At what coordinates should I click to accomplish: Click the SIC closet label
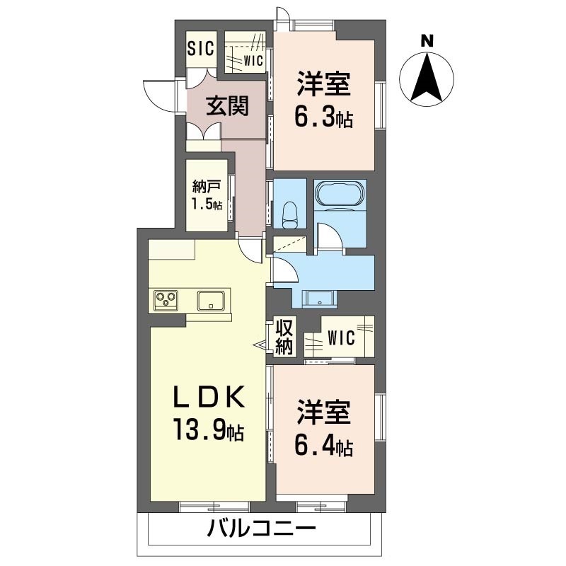[201, 49]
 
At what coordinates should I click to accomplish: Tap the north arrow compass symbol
[427, 79]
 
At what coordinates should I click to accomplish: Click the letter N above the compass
[427, 41]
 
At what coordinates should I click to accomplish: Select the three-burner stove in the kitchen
[167, 300]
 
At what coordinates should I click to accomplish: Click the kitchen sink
[210, 300]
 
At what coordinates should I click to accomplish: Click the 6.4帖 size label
[324, 446]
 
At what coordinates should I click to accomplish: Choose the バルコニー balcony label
[261, 529]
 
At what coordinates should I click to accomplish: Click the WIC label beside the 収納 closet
[340, 338]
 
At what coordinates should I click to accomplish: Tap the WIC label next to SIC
[253, 61]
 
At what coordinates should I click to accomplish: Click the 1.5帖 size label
[207, 205]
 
